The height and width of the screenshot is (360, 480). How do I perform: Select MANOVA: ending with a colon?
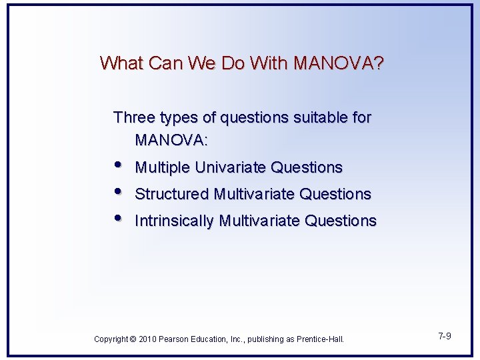pos(171,141)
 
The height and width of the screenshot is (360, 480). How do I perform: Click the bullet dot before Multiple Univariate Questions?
pos(118,166)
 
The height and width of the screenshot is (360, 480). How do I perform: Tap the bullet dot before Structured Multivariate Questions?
pos(118,193)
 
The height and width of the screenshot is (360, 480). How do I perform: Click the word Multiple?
pos(163,167)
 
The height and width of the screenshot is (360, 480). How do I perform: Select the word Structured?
pos(171,194)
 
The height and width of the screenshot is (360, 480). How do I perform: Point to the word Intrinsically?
pos(175,221)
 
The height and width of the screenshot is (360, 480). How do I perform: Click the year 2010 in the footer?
pos(147,339)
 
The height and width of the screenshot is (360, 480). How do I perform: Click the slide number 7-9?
pos(445,336)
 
